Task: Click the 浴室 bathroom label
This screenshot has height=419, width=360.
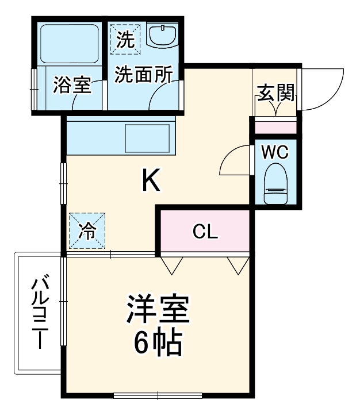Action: coord(71,85)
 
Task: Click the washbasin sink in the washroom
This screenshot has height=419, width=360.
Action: coord(164,36)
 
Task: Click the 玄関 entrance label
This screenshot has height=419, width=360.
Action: coord(275,92)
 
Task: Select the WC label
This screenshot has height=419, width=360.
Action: coord(274,153)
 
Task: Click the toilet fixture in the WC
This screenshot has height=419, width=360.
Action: coord(275,184)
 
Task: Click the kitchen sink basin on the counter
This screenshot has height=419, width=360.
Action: coord(147,137)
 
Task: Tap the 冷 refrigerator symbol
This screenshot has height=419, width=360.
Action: coord(87,232)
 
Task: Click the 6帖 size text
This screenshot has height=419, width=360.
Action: coord(158,343)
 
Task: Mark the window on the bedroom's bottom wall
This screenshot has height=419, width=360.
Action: coord(158,395)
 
